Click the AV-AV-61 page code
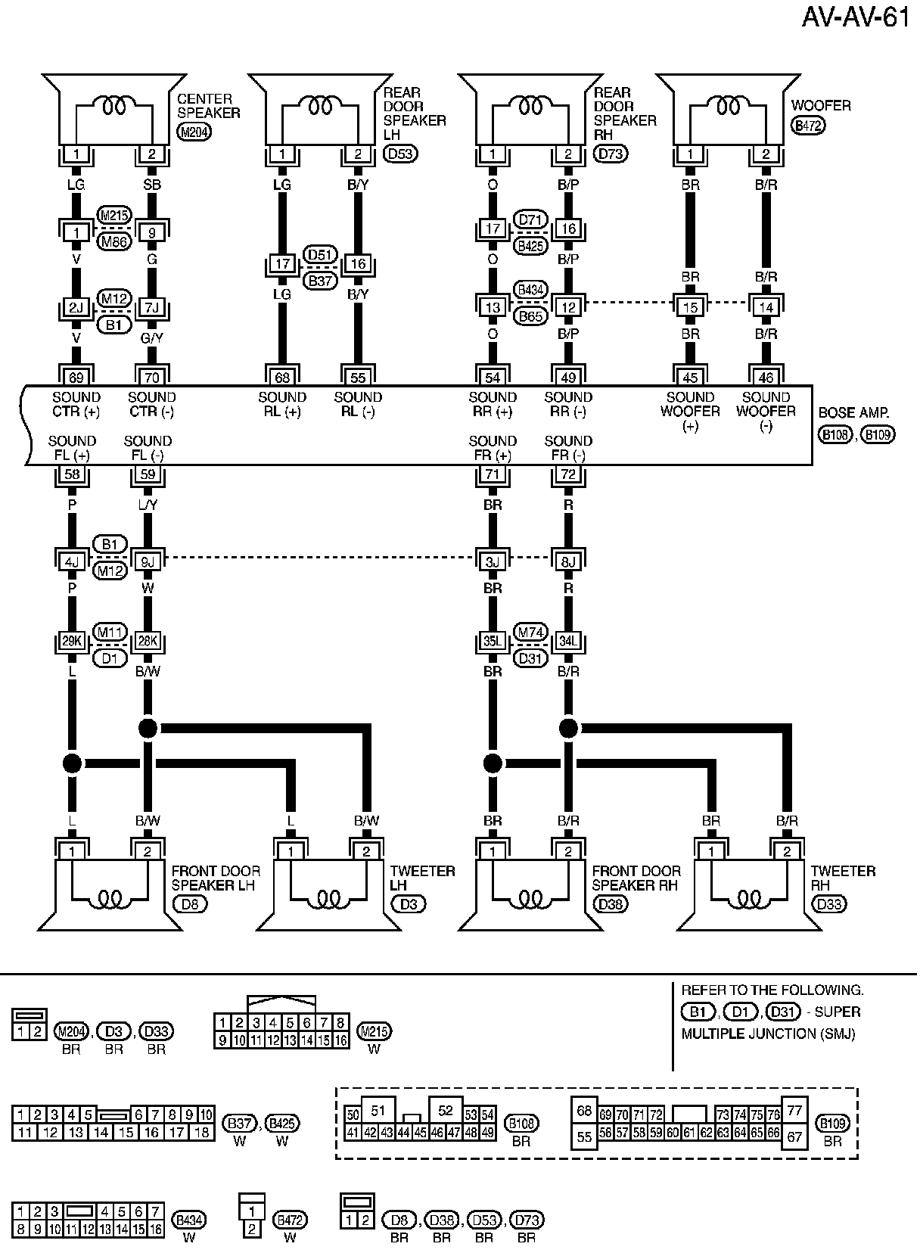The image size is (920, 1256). pyautogui.click(x=856, y=17)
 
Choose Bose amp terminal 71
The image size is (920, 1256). pyautogui.click(x=493, y=475)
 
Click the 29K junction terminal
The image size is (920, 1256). pyautogui.click(x=72, y=642)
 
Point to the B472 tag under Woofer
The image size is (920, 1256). pyautogui.click(x=808, y=126)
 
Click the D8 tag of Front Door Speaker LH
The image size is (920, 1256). pyautogui.click(x=189, y=903)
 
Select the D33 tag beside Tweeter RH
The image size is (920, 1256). pyautogui.click(x=829, y=903)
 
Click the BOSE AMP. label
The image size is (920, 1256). pyautogui.click(x=853, y=414)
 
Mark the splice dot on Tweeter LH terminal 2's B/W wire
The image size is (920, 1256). pyautogui.click(x=148, y=729)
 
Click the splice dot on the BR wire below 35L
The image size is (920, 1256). pyautogui.click(x=493, y=763)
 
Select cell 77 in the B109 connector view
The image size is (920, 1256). pyautogui.click(x=794, y=1111)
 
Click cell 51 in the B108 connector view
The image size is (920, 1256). pyautogui.click(x=378, y=1111)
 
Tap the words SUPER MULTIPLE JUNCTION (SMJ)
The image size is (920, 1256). pyautogui.click(x=769, y=1023)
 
